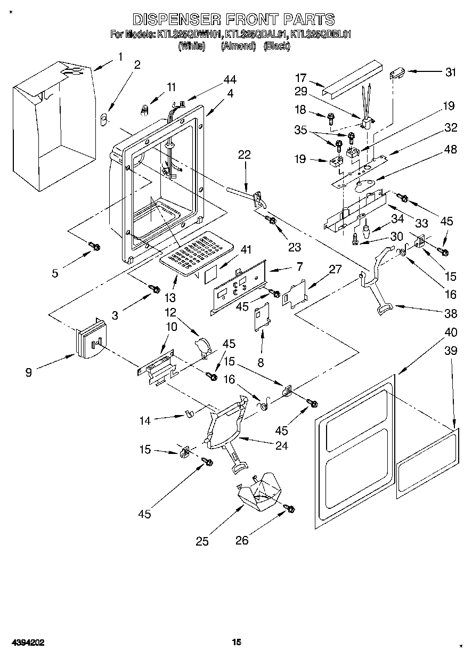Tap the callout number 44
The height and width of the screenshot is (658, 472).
(x=229, y=79)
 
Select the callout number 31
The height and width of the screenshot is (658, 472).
(x=451, y=72)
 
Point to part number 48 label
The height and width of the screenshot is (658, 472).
(x=450, y=150)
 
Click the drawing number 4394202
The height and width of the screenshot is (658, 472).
(x=26, y=643)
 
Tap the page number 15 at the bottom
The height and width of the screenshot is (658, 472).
(x=237, y=642)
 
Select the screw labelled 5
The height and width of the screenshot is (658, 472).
(x=94, y=246)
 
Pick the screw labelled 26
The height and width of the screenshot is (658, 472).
(x=290, y=509)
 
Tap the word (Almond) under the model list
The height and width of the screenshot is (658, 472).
(x=238, y=46)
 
